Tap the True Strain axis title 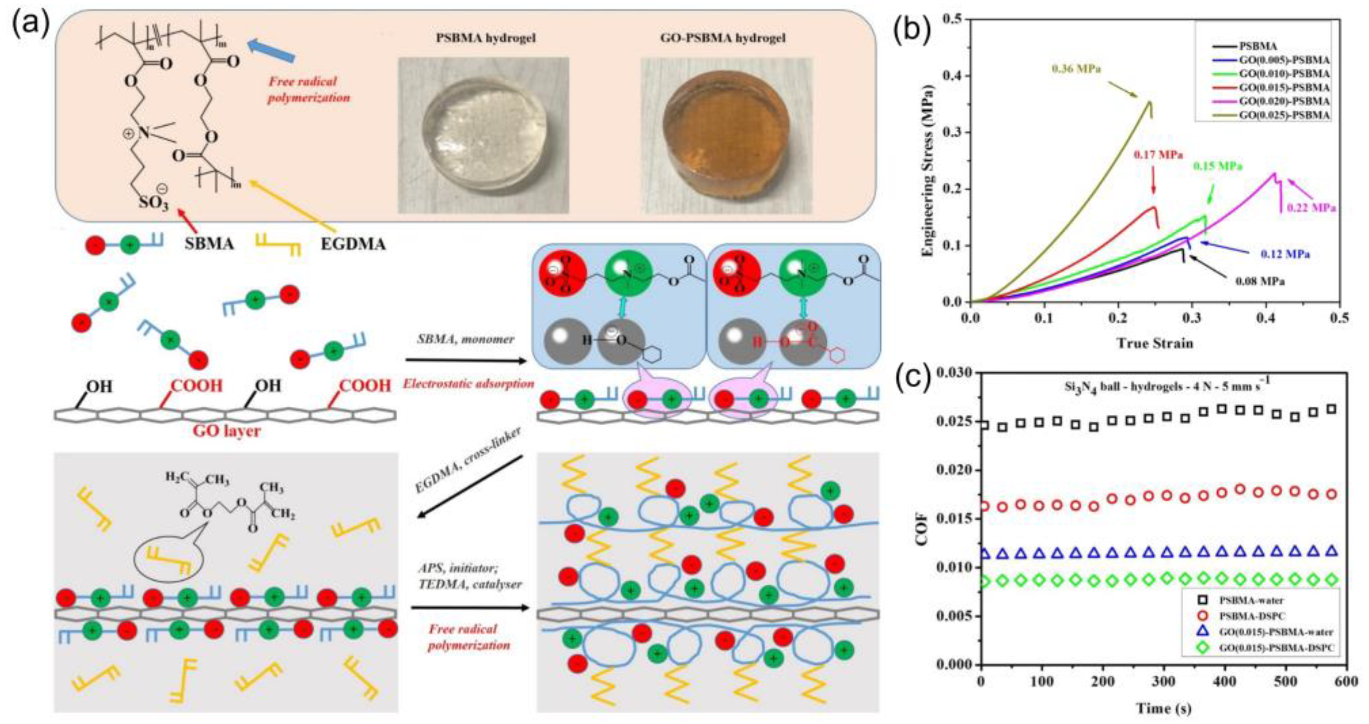point(1154,343)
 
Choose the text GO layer point(226,431)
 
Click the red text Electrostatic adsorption point(468,383)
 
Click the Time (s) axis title point(1163,708)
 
